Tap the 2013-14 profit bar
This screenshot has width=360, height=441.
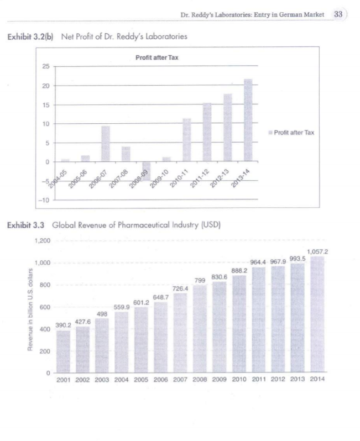click(248, 120)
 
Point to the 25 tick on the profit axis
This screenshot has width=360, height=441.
click(46, 67)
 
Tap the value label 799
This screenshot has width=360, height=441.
click(200, 280)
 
